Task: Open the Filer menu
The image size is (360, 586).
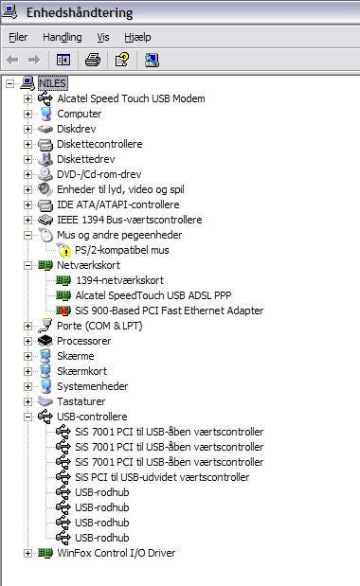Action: pyautogui.click(x=18, y=37)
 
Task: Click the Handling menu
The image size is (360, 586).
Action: pyautogui.click(x=63, y=37)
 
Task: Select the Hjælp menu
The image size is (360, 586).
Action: pyautogui.click(x=137, y=37)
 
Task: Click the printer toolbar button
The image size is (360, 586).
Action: pyautogui.click(x=93, y=60)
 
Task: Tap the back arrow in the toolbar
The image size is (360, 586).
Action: pyautogui.click(x=12, y=60)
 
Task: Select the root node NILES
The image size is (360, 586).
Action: pyautogui.click(x=52, y=83)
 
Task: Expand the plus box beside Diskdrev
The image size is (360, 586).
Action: pyautogui.click(x=27, y=129)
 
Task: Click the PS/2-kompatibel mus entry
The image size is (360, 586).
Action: pyautogui.click(x=122, y=250)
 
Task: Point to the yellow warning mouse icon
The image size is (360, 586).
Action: pyautogui.click(x=63, y=250)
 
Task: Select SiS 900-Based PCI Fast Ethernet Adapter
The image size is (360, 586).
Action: pyautogui.click(x=169, y=311)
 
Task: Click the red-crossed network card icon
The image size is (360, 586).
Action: pyautogui.click(x=63, y=311)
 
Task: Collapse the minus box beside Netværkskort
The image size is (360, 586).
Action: pyautogui.click(x=27, y=265)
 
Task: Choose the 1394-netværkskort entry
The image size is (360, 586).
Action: pyautogui.click(x=119, y=280)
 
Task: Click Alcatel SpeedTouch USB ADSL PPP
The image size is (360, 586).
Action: pyautogui.click(x=153, y=295)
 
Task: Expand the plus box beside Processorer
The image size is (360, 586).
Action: pyautogui.click(x=27, y=341)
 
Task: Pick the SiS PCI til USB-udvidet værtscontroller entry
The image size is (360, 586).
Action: pyautogui.click(x=162, y=477)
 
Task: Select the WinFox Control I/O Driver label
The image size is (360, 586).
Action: pyautogui.click(x=116, y=553)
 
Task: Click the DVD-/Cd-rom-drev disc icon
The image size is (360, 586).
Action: pyautogui.click(x=45, y=174)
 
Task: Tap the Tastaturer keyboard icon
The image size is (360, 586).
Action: pyautogui.click(x=45, y=401)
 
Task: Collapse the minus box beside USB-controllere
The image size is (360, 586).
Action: pyautogui.click(x=27, y=417)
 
